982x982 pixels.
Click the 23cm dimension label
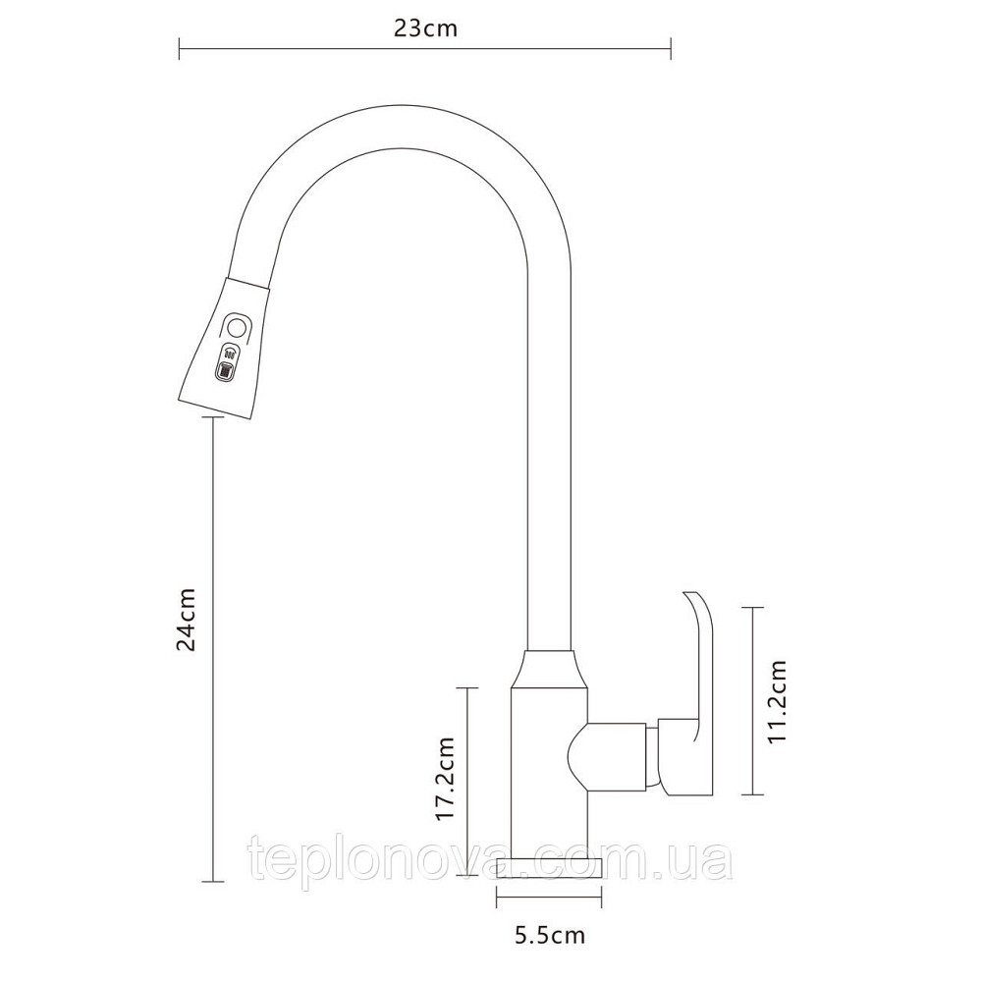click(425, 28)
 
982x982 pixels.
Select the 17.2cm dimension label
click(445, 778)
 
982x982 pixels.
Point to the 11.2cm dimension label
click(776, 701)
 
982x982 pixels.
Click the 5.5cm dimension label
click(550, 936)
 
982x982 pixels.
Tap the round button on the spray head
click(238, 327)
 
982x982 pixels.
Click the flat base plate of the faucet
click(549, 867)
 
